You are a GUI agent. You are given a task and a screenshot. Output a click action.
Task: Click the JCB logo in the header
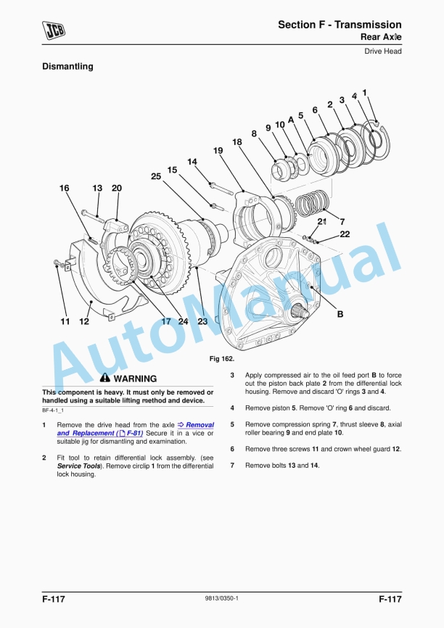click(x=54, y=30)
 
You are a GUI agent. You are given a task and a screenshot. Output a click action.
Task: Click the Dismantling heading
click(x=67, y=67)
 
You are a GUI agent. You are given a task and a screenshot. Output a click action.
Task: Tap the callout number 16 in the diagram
click(x=65, y=189)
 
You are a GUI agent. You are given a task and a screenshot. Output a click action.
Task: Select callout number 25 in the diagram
click(x=156, y=176)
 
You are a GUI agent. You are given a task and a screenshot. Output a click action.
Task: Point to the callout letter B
click(x=340, y=315)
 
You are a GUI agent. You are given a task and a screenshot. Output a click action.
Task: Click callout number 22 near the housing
click(x=345, y=234)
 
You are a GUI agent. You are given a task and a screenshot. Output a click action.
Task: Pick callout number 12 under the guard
click(x=84, y=321)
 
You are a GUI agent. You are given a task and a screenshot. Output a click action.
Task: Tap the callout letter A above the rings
click(x=290, y=119)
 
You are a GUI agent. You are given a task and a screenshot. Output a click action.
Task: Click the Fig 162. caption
click(x=221, y=358)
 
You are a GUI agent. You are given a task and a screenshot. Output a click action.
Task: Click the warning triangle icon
click(x=105, y=378)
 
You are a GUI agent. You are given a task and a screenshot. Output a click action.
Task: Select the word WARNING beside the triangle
click(x=135, y=379)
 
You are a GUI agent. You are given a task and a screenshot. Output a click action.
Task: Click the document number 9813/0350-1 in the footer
click(x=222, y=598)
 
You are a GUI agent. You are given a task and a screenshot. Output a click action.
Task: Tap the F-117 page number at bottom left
click(x=55, y=598)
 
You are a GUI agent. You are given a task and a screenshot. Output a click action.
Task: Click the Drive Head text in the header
click(x=383, y=51)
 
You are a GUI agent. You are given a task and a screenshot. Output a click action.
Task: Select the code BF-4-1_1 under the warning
click(x=56, y=410)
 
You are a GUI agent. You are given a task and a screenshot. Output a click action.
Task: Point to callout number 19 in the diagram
click(x=218, y=150)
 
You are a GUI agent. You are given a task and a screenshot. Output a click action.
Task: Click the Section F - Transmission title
click(x=340, y=25)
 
